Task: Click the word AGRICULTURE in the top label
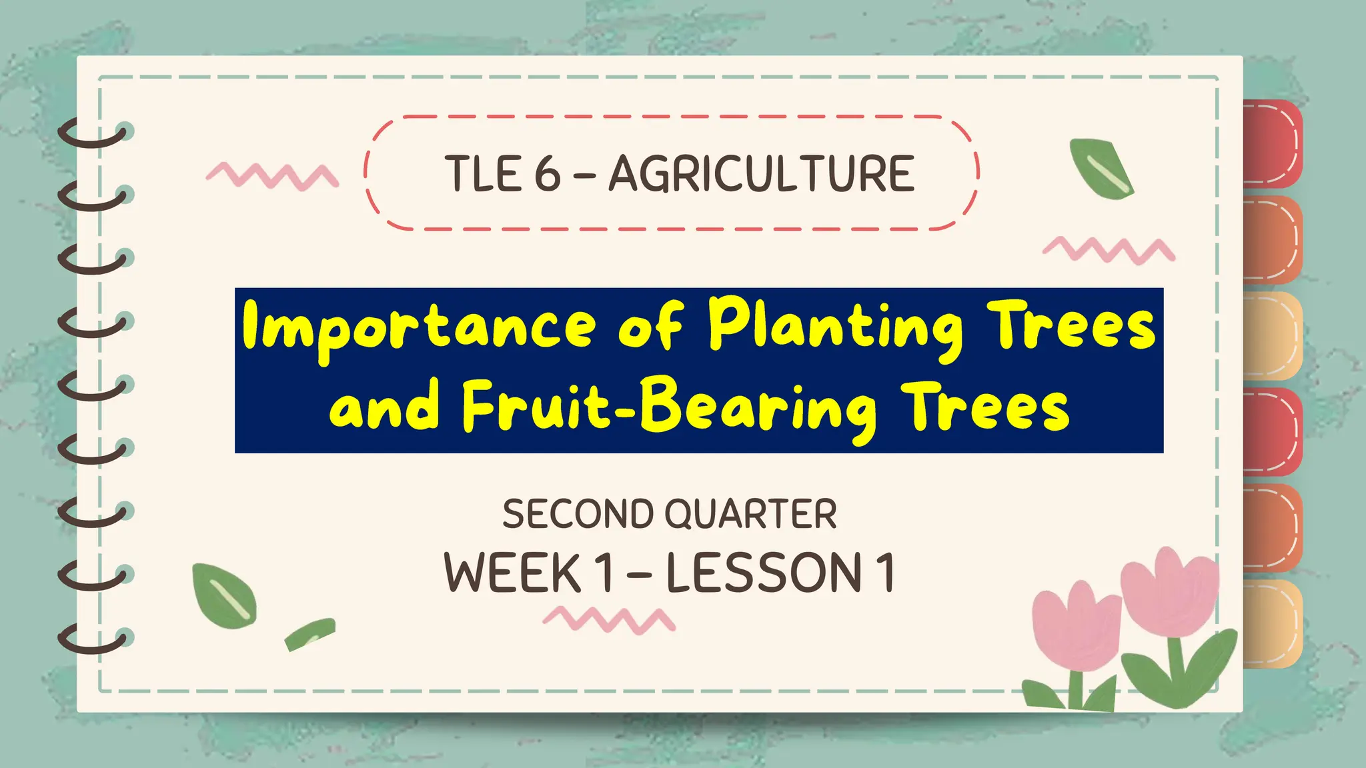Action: [761, 174]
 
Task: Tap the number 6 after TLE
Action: [548, 174]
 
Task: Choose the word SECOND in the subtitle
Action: [578, 514]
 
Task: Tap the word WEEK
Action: [512, 573]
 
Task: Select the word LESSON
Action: [764, 573]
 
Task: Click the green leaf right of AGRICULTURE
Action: [1101, 169]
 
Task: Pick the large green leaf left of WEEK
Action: [224, 595]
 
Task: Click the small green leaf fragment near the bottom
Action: [309, 633]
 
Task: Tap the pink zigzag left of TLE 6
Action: [272, 175]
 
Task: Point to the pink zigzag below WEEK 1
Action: [609, 619]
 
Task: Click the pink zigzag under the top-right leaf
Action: [1109, 249]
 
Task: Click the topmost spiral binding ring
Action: [93, 133]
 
